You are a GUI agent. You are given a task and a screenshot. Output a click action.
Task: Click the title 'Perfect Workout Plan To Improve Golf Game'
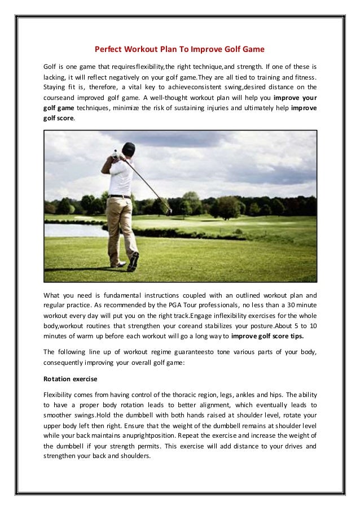179,49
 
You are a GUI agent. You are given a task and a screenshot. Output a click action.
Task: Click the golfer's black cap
129,149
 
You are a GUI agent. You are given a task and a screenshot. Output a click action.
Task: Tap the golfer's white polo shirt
121,176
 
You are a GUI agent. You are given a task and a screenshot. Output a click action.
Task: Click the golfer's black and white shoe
133,261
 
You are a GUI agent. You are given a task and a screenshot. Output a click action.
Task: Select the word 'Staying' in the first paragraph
55,87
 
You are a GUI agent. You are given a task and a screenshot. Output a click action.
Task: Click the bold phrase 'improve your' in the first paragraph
294,98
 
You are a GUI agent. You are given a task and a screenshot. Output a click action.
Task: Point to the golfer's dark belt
119,196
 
